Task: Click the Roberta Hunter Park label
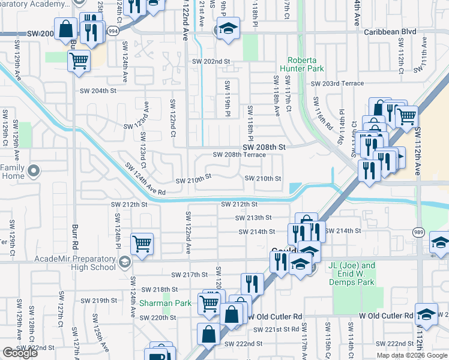point(306,64)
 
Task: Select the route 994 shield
point(112,29)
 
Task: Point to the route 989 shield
point(418,231)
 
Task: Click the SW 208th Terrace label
point(240,155)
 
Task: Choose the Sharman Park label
point(165,303)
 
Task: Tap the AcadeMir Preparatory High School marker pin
point(124,261)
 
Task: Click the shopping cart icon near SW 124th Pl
point(142,244)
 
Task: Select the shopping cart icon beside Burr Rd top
point(79,60)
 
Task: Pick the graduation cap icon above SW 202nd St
point(228,28)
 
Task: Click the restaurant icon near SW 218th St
point(252,283)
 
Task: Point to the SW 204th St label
point(98,91)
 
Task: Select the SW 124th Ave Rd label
point(145,179)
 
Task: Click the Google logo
point(20,352)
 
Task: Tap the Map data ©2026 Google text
point(411,355)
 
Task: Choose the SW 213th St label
point(253,218)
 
